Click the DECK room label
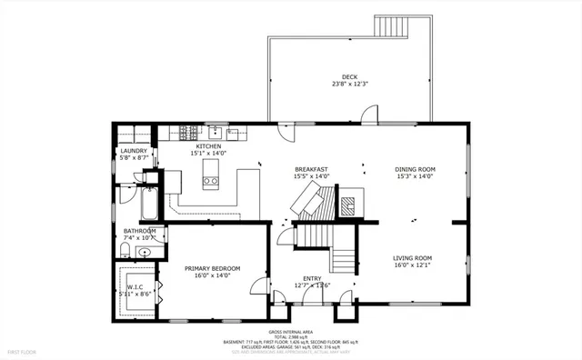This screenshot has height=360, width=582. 349,76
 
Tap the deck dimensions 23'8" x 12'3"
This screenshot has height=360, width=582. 349,85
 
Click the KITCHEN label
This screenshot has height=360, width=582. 209,145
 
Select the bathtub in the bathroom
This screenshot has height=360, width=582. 146,206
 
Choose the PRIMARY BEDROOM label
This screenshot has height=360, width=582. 212,268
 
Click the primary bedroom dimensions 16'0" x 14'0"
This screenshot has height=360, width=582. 212,276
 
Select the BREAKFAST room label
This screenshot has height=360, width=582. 311,169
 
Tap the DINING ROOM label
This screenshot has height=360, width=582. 415,169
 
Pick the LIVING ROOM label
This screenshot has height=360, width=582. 412,258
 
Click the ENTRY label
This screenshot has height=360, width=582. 312,278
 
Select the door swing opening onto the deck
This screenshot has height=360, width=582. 368,115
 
